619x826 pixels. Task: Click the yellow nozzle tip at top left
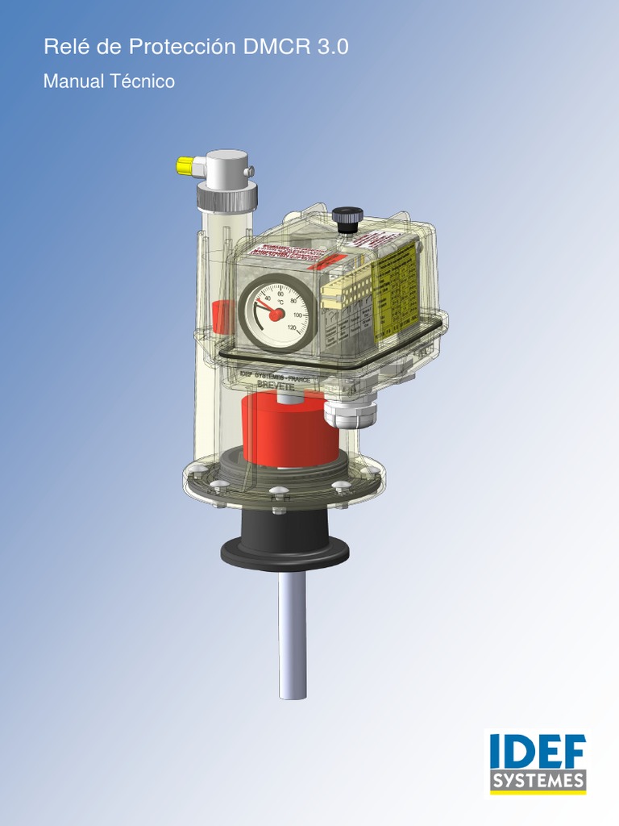[185, 167]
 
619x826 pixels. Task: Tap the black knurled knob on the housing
[347, 218]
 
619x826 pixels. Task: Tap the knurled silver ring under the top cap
[227, 196]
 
